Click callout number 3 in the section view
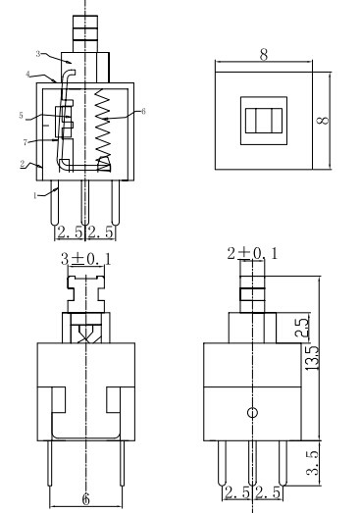click(x=37, y=54)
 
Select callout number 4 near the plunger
click(x=29, y=75)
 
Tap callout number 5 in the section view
click(x=21, y=117)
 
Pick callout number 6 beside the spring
click(x=143, y=112)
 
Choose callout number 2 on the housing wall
click(x=22, y=164)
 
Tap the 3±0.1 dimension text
click(x=87, y=260)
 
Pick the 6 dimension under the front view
click(x=86, y=498)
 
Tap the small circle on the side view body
click(x=252, y=413)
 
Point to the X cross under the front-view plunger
click(x=86, y=332)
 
